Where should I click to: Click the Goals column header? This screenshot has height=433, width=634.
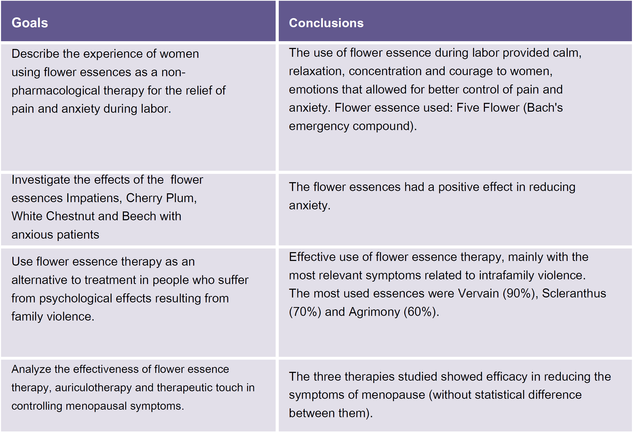click(30, 23)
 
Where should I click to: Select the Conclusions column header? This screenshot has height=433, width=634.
click(326, 23)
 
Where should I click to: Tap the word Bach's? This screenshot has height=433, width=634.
click(545, 108)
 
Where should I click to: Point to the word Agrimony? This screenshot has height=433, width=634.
click(374, 312)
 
